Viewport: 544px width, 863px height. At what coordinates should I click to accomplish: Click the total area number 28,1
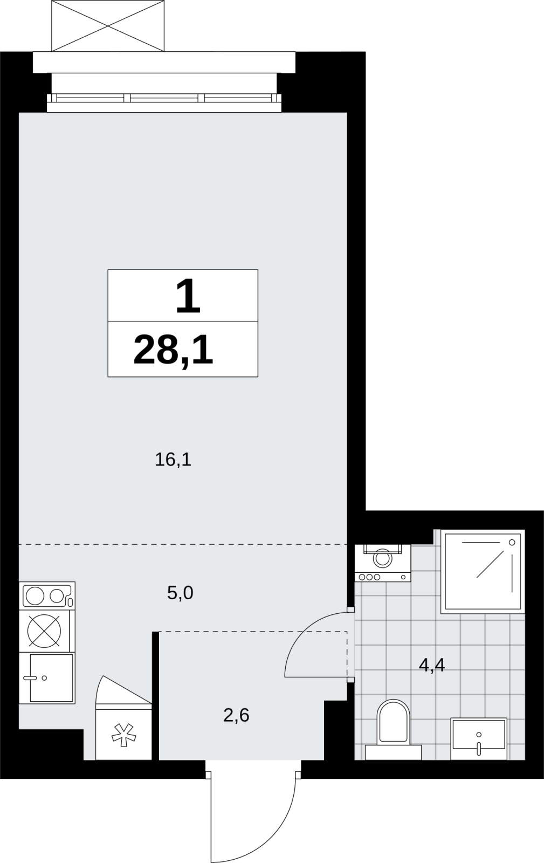click(x=173, y=350)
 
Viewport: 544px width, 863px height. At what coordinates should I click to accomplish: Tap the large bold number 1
click(x=188, y=296)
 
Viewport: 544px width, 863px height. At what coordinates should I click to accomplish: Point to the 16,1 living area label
click(x=173, y=460)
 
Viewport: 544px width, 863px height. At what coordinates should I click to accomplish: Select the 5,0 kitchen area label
click(x=180, y=593)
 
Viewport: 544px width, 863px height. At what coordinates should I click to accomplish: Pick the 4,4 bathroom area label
click(x=432, y=665)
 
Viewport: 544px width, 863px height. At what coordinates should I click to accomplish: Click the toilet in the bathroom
click(x=393, y=729)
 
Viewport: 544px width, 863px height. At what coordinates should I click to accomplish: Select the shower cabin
click(x=483, y=572)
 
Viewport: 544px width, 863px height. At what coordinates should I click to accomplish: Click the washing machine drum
click(x=382, y=558)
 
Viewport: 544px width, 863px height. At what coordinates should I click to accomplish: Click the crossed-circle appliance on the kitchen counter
click(x=44, y=631)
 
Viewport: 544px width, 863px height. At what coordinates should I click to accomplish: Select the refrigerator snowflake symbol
click(x=123, y=735)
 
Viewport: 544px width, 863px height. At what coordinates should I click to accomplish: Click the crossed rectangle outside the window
click(x=108, y=25)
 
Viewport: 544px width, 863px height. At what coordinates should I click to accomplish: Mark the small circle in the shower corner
click(x=512, y=542)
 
